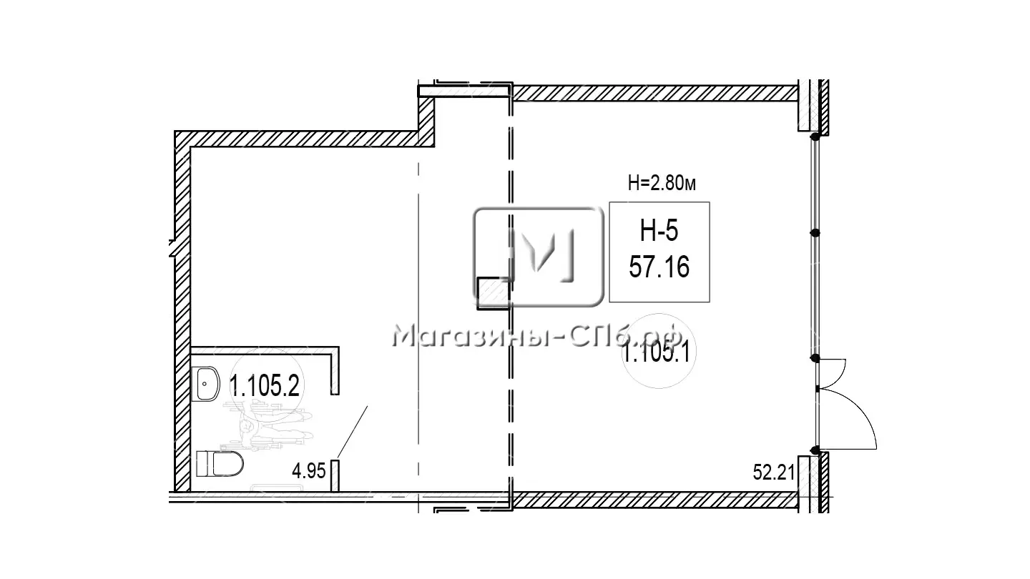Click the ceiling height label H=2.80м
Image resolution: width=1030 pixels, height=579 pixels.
click(662, 184)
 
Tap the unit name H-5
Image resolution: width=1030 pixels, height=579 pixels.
click(659, 231)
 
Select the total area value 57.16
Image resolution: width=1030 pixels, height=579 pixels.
click(659, 267)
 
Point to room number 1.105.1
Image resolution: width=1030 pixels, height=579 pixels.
click(656, 354)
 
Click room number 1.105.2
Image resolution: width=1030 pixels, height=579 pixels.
click(265, 385)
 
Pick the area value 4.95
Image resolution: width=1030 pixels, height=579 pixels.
click(309, 471)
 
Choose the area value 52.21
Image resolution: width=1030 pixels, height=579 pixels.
click(774, 472)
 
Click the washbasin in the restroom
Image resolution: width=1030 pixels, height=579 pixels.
click(208, 384)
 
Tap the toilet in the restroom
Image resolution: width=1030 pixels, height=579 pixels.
click(220, 463)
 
